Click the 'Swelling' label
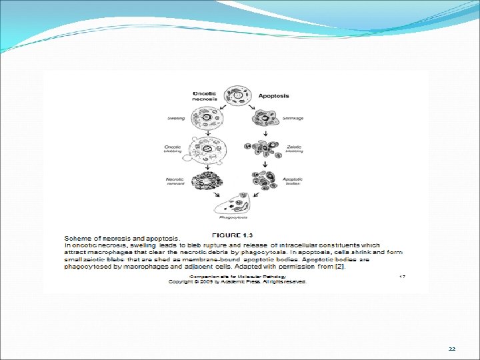tap(176, 119)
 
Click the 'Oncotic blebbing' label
tap(173, 149)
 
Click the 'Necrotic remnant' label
tap(175, 181)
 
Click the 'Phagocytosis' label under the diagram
tap(234, 217)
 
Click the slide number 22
tap(451, 349)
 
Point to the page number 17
tap(402, 276)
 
